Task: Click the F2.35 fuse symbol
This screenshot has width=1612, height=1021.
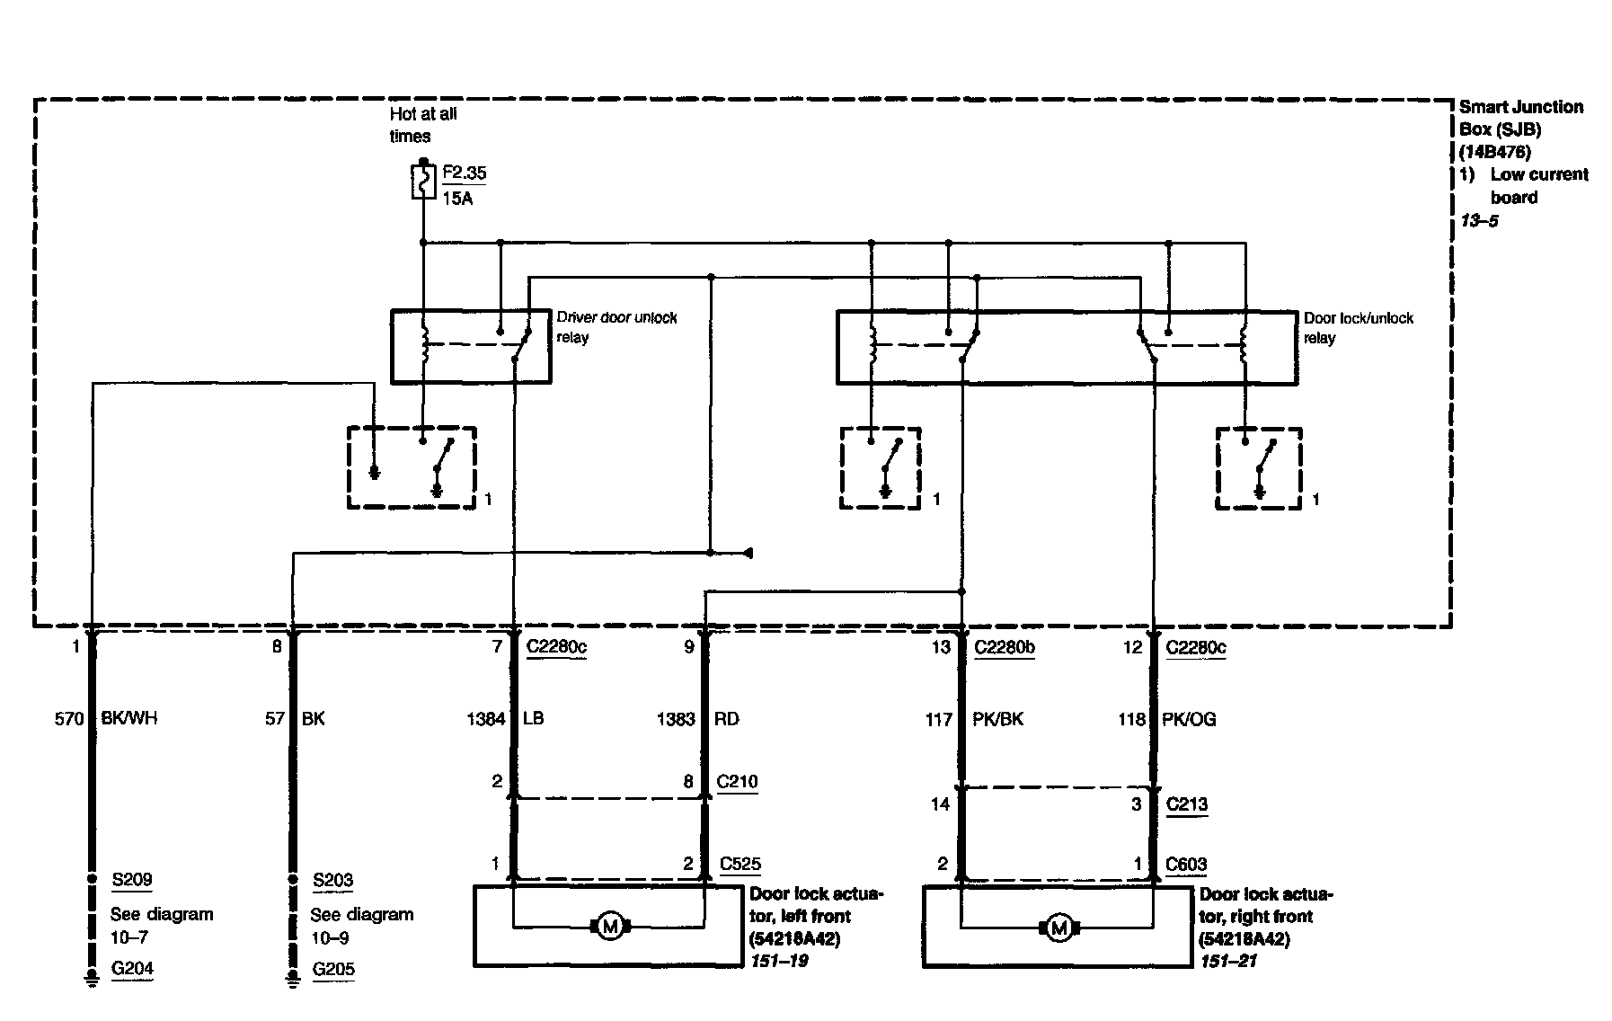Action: coord(423,182)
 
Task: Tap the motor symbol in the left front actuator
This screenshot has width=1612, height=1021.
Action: coord(610,926)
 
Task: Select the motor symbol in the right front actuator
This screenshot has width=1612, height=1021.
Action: coord(1058,927)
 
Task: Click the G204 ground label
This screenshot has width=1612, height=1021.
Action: coord(132,968)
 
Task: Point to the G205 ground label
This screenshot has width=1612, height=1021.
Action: coord(333,969)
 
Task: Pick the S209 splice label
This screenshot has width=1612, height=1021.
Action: coord(131,880)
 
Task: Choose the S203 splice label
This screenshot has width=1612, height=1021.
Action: coord(332,880)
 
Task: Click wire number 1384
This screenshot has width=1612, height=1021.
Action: coord(485,719)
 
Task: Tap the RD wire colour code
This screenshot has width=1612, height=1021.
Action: coord(726,719)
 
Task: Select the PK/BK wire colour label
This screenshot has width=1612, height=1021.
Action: coord(997,719)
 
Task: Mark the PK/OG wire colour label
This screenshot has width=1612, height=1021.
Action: coord(1189,719)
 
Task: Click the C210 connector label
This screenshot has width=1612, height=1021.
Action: coord(737,781)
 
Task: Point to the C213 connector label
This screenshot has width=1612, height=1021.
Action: coord(1186,803)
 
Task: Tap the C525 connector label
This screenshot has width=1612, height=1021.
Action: coord(740,864)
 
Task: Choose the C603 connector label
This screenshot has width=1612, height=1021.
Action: coord(1186,864)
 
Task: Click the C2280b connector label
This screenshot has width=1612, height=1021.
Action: coord(1004,647)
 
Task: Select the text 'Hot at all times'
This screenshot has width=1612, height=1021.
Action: coord(422,125)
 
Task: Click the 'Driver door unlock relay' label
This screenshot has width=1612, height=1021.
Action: coord(616,327)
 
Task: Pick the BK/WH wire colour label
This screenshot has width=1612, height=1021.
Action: coord(130,719)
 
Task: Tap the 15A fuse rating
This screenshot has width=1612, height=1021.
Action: coord(457,199)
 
